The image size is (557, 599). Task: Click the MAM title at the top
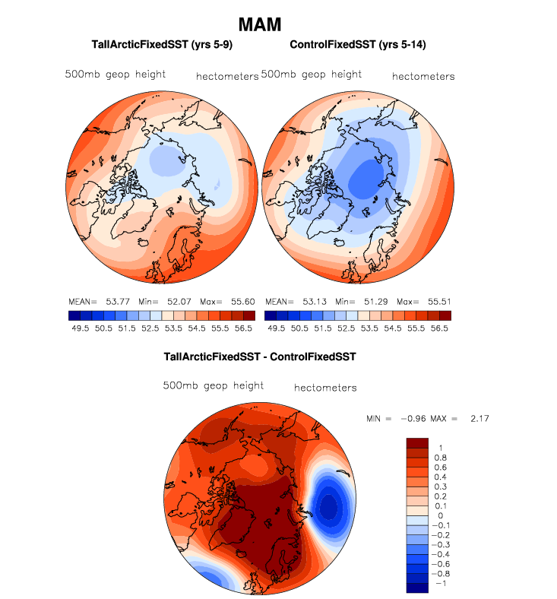click(x=260, y=24)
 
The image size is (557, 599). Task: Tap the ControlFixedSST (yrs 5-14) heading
click(x=357, y=45)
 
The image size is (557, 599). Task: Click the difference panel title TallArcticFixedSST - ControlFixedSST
click(x=260, y=356)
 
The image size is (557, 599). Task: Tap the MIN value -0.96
click(x=414, y=419)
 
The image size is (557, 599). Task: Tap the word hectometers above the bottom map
click(x=324, y=388)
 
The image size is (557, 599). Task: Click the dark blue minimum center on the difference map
click(x=330, y=506)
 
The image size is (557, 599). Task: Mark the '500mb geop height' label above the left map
click(x=115, y=74)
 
